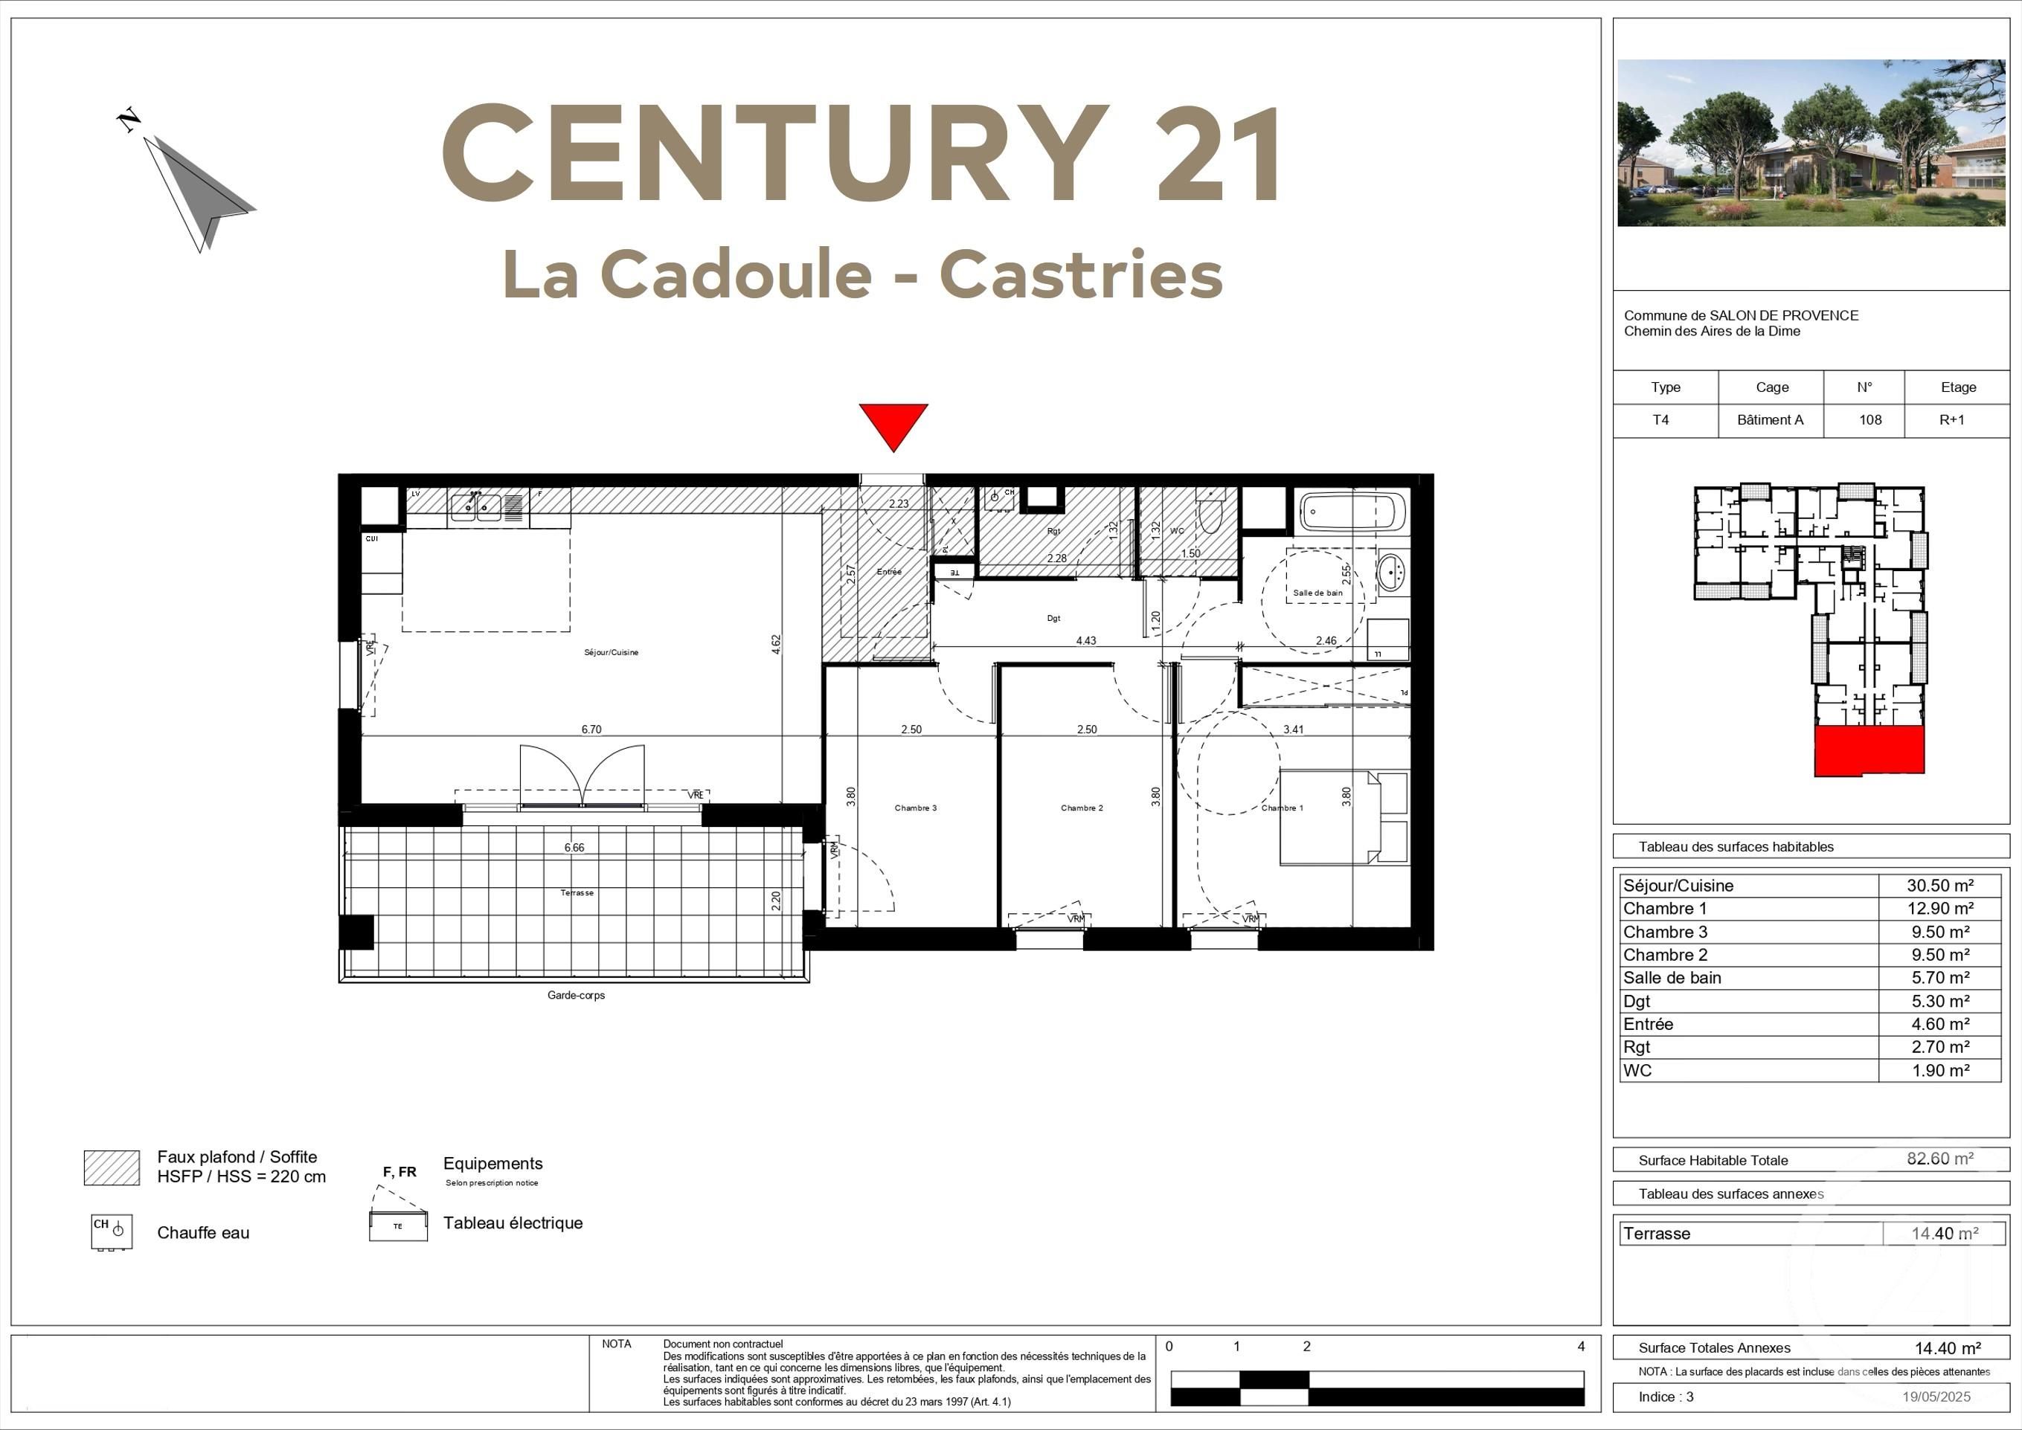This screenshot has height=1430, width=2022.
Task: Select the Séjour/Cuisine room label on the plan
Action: (x=612, y=652)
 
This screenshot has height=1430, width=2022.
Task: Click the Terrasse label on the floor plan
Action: (x=577, y=893)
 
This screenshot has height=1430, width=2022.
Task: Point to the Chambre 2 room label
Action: (x=1082, y=808)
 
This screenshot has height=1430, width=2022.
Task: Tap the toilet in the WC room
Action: (x=1211, y=516)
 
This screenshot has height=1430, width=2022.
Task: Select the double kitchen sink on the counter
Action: (x=475, y=506)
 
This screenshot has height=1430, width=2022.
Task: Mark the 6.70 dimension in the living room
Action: (x=591, y=729)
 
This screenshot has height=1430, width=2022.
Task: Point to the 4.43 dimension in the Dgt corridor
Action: (x=1086, y=641)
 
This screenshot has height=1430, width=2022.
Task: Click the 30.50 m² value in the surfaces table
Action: (x=1939, y=886)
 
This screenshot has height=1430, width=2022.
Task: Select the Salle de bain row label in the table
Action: (x=1672, y=977)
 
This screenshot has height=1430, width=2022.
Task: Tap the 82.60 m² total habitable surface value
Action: (x=1939, y=1159)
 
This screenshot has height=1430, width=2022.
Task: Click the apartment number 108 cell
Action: (x=1869, y=420)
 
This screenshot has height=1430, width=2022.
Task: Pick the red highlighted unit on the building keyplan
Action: (x=1869, y=751)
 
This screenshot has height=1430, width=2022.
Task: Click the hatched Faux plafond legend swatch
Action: (x=111, y=1167)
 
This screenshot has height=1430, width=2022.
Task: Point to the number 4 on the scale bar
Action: (x=1581, y=1347)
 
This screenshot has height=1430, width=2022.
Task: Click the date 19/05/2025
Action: (x=1936, y=1397)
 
